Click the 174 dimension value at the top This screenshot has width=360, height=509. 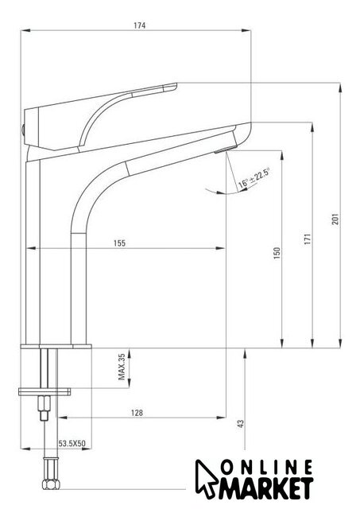point(139,25)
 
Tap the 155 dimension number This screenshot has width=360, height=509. point(119,243)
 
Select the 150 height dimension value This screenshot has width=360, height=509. point(277,253)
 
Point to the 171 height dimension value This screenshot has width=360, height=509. point(308,239)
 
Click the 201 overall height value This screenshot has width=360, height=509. point(335,220)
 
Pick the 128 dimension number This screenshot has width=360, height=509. point(137,413)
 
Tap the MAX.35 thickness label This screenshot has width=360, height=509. point(122,367)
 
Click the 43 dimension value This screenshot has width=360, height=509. point(240,424)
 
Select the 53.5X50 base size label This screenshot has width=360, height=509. point(72,443)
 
